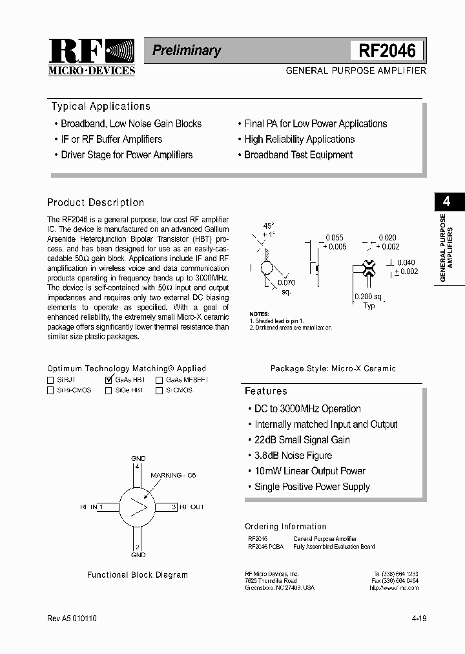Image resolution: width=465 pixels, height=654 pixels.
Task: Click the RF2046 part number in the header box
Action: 387,50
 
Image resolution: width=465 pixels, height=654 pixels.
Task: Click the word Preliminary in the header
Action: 187,50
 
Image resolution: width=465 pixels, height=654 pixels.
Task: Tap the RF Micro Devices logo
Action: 91,58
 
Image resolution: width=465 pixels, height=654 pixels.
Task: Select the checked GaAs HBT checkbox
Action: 108,381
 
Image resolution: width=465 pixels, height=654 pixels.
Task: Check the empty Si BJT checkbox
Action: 50,381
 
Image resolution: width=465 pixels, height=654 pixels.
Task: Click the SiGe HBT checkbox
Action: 108,390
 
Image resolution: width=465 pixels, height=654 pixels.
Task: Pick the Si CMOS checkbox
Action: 159,390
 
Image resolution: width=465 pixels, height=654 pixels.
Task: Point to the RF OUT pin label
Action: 191,507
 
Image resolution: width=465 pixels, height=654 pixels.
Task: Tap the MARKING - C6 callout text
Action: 172,475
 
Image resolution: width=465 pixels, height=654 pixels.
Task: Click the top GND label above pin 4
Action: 138,458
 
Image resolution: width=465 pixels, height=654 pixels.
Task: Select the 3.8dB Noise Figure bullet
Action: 293,456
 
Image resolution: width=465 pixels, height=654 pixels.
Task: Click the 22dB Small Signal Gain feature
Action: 302,440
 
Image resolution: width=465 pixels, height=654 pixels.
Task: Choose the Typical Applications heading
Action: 101,107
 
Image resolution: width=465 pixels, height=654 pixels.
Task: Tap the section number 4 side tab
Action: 446,201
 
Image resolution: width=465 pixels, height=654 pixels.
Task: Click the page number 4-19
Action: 418,618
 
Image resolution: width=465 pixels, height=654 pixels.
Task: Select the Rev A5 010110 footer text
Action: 72,618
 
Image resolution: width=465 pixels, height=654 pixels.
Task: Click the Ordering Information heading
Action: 285,527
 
